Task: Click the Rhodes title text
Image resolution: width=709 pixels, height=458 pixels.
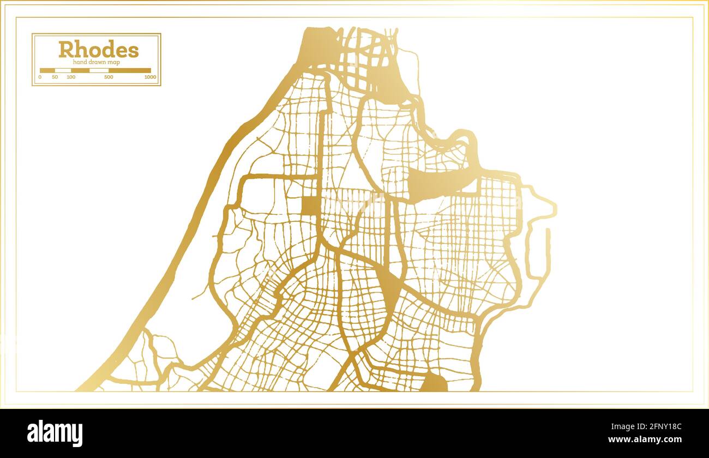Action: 99,50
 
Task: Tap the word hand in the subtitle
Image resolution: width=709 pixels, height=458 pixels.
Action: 80,62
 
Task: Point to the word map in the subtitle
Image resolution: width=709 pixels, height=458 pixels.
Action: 114,62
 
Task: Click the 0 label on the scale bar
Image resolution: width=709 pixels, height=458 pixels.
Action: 40,77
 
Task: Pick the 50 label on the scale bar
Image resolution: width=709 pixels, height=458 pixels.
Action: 55,77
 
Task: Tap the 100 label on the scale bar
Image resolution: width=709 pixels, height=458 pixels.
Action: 71,77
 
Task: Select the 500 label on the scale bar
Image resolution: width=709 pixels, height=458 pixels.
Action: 109,77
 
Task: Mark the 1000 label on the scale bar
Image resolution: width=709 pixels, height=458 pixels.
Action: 150,77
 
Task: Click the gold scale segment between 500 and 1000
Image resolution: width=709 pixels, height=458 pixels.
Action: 129,70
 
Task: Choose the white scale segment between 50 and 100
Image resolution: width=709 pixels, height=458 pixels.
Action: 63,70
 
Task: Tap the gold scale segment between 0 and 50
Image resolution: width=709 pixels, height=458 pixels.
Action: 47,70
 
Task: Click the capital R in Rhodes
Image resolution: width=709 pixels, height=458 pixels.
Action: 66,50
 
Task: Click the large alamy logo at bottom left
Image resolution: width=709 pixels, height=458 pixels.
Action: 55,433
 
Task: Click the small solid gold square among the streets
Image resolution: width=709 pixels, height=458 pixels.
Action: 310,206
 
